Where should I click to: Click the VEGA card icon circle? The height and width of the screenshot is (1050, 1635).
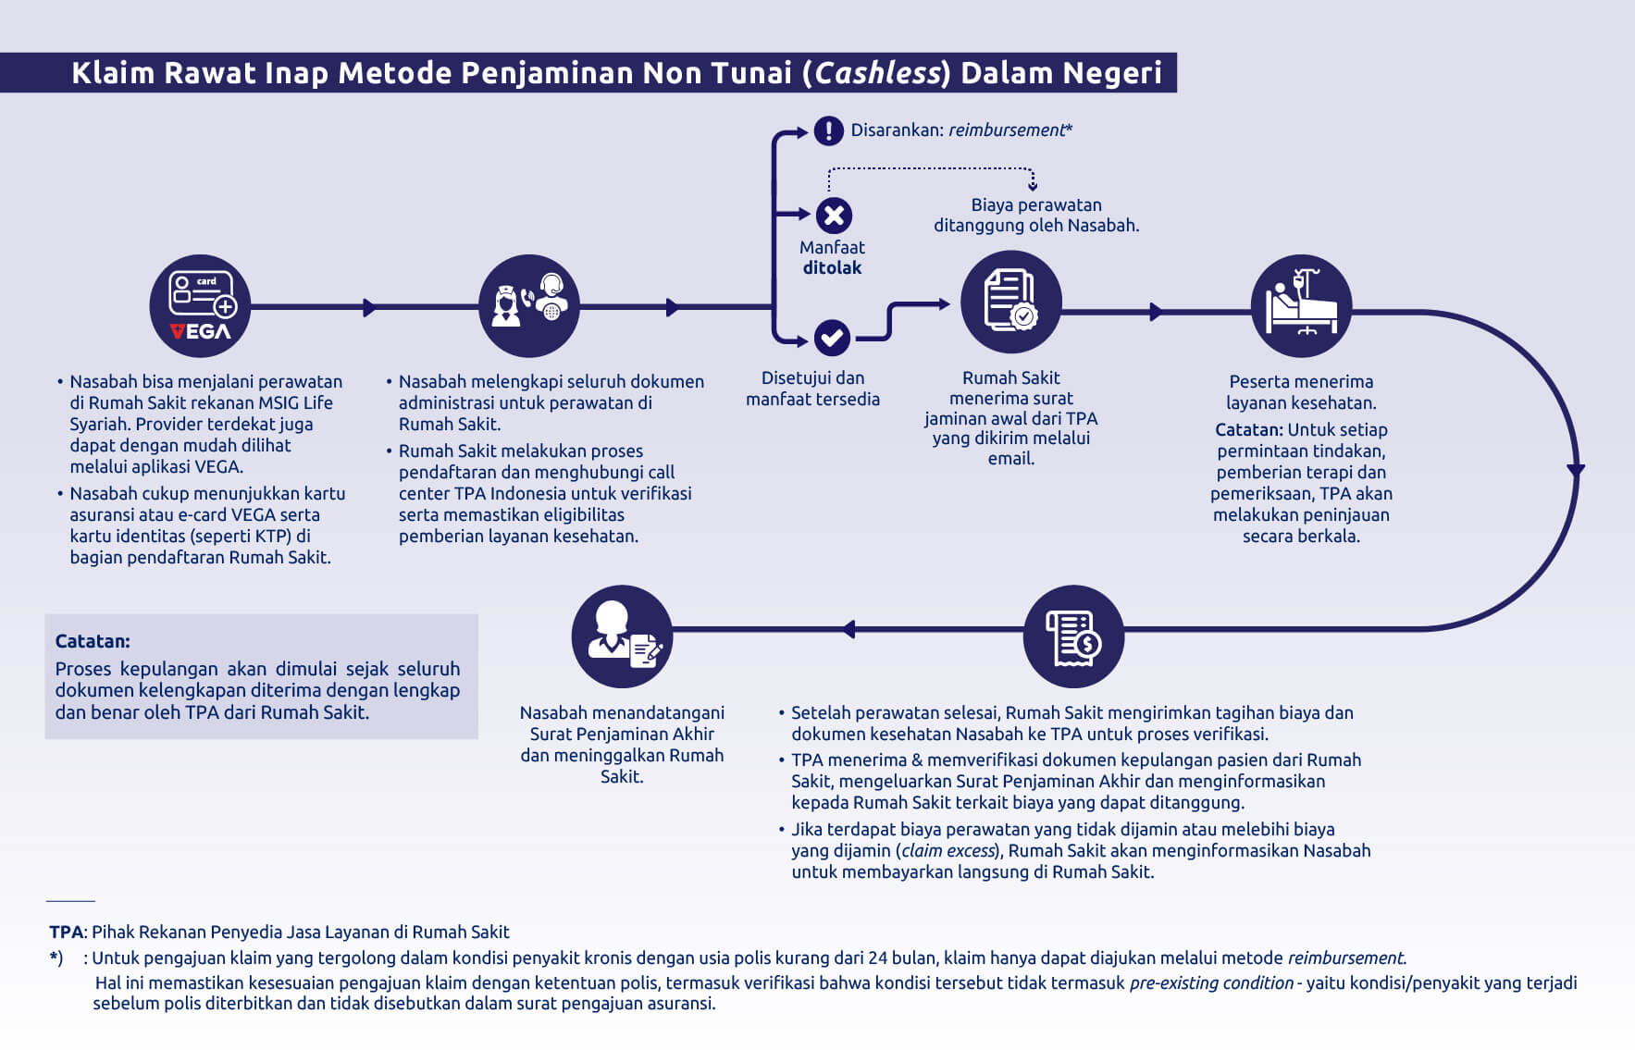(200, 306)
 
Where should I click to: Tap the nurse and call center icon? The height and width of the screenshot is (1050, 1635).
(529, 306)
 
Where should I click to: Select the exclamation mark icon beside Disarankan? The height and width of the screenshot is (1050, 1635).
(828, 130)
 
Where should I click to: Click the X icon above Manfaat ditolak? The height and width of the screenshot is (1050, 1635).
(834, 216)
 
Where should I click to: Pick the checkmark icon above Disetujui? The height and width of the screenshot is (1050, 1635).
(832, 338)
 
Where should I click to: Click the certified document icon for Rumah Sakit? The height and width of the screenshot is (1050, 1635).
(1010, 302)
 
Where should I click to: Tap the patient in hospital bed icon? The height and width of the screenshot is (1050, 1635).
(1301, 306)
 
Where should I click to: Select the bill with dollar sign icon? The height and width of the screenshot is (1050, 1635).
(1073, 636)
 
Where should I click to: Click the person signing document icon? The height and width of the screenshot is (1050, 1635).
(622, 636)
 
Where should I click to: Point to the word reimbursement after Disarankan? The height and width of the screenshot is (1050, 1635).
(1007, 130)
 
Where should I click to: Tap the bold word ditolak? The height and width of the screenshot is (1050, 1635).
(832, 267)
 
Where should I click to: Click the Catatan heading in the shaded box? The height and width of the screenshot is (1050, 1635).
(93, 641)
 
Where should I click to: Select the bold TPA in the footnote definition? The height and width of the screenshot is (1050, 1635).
(67, 932)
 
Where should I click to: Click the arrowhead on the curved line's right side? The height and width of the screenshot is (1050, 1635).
(1576, 471)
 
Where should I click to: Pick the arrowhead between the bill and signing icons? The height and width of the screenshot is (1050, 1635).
(848, 630)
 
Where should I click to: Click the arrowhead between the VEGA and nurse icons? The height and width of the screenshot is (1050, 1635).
(370, 307)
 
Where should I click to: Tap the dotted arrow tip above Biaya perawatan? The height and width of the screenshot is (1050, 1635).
(1033, 187)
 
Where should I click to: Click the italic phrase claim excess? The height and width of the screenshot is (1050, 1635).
(948, 850)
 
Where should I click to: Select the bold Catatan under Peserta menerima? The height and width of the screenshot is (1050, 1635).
(1249, 429)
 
